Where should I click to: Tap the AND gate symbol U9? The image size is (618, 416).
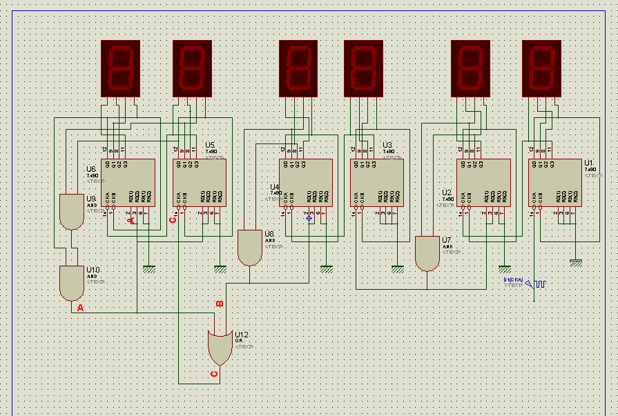coord(70,211)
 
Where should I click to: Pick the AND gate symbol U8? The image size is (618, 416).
coord(248,248)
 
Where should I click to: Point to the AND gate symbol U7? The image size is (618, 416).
coord(427,253)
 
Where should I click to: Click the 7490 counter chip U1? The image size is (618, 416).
coord(555,182)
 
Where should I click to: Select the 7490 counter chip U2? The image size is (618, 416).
coord(483,182)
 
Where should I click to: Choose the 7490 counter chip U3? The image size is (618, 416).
coord(376,182)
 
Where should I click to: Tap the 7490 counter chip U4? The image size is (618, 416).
coord(305,182)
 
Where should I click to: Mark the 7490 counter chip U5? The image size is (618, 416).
coord(198,182)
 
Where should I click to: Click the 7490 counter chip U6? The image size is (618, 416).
coord(128,182)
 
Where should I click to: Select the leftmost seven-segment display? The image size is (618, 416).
coord(121,68)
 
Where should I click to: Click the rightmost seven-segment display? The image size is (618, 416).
coord(542,68)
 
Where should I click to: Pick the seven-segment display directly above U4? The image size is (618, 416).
coord(298,68)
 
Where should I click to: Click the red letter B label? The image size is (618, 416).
coord(220,303)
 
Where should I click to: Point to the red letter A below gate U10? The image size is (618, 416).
coord(80,308)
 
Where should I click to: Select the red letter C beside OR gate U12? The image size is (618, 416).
coord(213,374)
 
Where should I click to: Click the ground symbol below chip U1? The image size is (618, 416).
coord(576,262)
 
